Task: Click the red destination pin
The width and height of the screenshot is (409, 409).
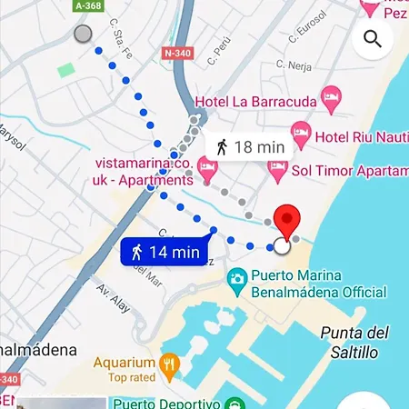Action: coord(288,221)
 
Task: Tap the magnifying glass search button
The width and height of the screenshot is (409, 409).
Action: coord(372,38)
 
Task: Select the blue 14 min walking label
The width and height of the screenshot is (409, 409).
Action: coord(161,252)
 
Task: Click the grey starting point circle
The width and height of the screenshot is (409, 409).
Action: coord(83,34)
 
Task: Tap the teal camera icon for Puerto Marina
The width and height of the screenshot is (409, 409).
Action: coord(238,277)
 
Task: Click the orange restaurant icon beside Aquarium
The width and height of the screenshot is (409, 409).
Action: coord(168,366)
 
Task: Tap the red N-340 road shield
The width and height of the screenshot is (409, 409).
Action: coord(177,53)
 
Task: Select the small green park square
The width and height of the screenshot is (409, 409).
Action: coord(65,70)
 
